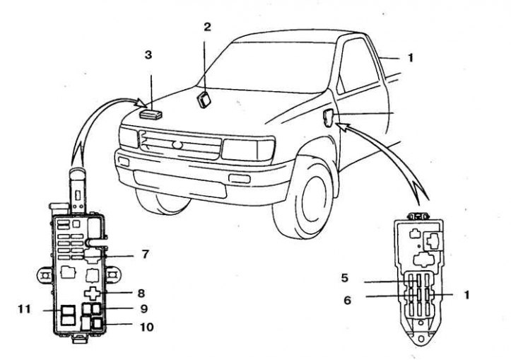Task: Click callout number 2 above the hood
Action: tap(207, 28)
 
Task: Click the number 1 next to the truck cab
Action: tap(409, 57)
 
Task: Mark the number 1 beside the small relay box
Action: tap(467, 293)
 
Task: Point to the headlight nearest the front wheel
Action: tap(247, 149)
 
